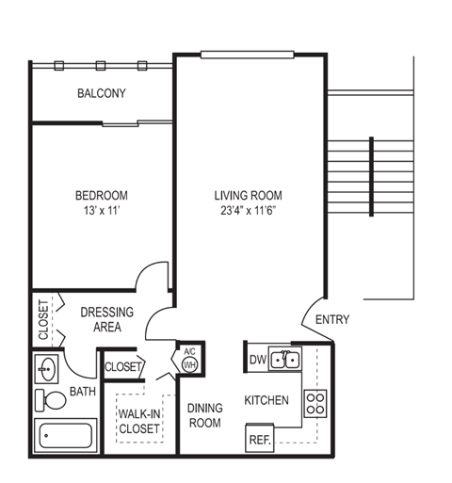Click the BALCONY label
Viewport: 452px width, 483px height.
point(101,93)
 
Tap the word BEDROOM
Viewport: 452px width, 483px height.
point(101,196)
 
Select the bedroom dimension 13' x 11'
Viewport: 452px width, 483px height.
point(101,212)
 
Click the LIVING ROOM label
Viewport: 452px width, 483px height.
point(249,196)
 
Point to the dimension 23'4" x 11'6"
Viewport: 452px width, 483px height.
point(249,212)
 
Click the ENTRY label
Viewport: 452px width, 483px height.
point(331,319)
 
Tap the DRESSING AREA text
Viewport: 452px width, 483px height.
point(106,319)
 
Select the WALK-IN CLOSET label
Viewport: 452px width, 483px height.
point(138,421)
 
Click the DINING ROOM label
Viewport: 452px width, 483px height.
point(203,415)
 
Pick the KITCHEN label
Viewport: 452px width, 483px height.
point(266,400)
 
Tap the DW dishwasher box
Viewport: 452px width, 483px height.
point(257,359)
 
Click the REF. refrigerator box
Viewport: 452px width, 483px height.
point(260,438)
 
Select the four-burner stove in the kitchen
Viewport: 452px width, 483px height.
point(315,404)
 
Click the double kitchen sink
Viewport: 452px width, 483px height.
point(284,359)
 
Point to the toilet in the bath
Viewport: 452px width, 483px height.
point(52,401)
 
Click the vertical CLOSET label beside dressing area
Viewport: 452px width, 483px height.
point(43,319)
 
